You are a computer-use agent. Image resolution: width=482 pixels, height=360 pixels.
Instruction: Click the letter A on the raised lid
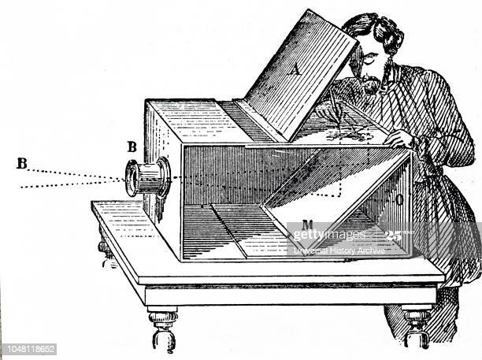click(x=296, y=70)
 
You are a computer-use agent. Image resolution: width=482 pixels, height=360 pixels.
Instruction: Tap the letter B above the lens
click(x=132, y=146)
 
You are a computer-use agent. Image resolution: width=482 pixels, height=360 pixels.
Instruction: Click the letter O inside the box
click(x=399, y=199)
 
